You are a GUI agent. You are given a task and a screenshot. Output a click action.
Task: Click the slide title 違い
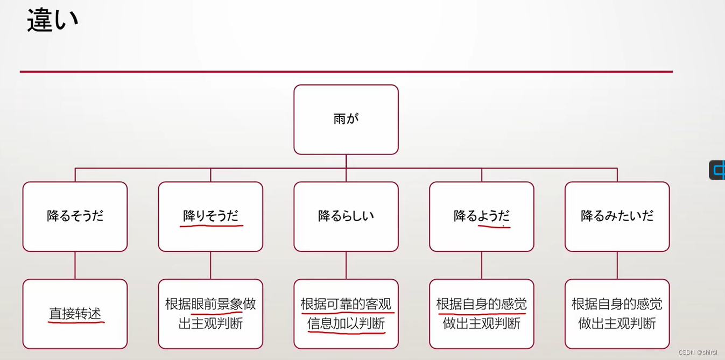click(52, 20)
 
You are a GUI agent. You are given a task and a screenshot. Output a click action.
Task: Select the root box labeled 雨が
click(346, 119)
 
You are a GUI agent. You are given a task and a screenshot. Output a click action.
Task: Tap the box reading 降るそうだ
click(75, 216)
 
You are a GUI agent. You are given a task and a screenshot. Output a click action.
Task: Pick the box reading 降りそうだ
click(210, 216)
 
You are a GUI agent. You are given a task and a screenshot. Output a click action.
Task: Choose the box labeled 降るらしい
click(346, 216)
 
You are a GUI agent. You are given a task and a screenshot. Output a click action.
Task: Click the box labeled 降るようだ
click(481, 216)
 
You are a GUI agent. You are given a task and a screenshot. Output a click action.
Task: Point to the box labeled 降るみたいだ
click(617, 216)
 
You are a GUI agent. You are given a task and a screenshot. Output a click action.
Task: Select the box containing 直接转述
click(75, 314)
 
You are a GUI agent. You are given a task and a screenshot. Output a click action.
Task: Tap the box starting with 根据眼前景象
click(210, 314)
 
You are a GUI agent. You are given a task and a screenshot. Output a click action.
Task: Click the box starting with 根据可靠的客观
click(346, 314)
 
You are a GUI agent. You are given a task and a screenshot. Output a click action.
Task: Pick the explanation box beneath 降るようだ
click(481, 314)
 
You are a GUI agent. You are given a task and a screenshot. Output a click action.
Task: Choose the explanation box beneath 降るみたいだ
click(617, 314)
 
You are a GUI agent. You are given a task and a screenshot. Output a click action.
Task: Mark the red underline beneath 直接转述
click(76, 322)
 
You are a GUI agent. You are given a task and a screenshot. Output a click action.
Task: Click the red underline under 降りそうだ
click(212, 225)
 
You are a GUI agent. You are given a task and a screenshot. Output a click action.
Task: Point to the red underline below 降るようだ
click(494, 227)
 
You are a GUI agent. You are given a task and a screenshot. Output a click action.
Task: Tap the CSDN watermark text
click(697, 352)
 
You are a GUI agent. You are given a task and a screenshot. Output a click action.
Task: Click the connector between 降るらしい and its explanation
click(346, 265)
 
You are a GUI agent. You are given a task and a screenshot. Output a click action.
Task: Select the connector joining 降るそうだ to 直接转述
click(75, 265)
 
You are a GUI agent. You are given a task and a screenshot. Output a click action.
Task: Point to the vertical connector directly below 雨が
click(346, 161)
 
